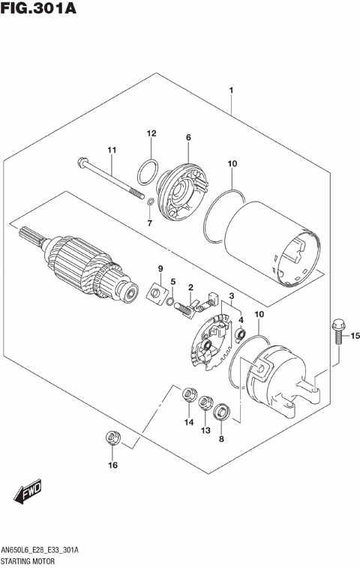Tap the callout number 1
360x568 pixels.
point(232,91)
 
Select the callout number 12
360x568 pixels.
point(151,133)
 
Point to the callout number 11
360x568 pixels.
point(112,151)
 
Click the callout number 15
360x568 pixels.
point(355,335)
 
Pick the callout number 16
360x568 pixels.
point(112,465)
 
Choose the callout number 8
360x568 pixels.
point(221,439)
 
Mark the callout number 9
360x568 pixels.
point(160,268)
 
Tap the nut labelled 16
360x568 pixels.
point(112,436)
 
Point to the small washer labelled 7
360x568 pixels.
point(149,201)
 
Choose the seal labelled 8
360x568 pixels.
point(221,411)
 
